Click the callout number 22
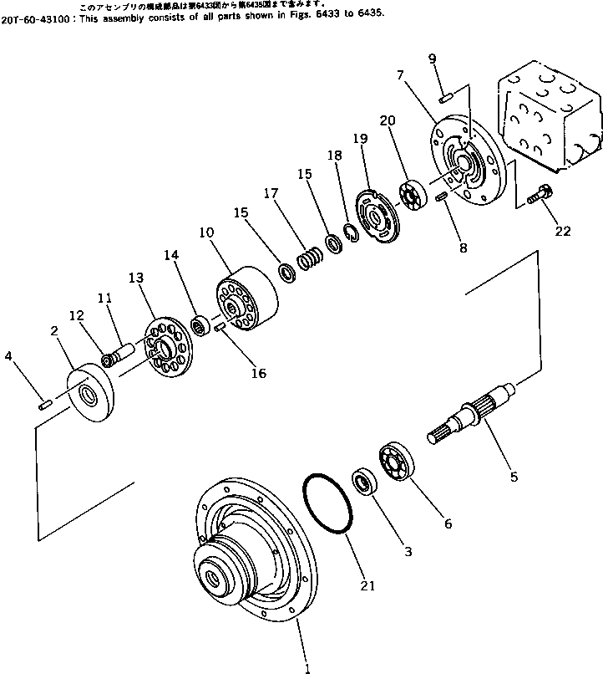pos(563,232)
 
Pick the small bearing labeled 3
pos(365,483)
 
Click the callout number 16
pos(259,373)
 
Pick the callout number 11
pos(104,297)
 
